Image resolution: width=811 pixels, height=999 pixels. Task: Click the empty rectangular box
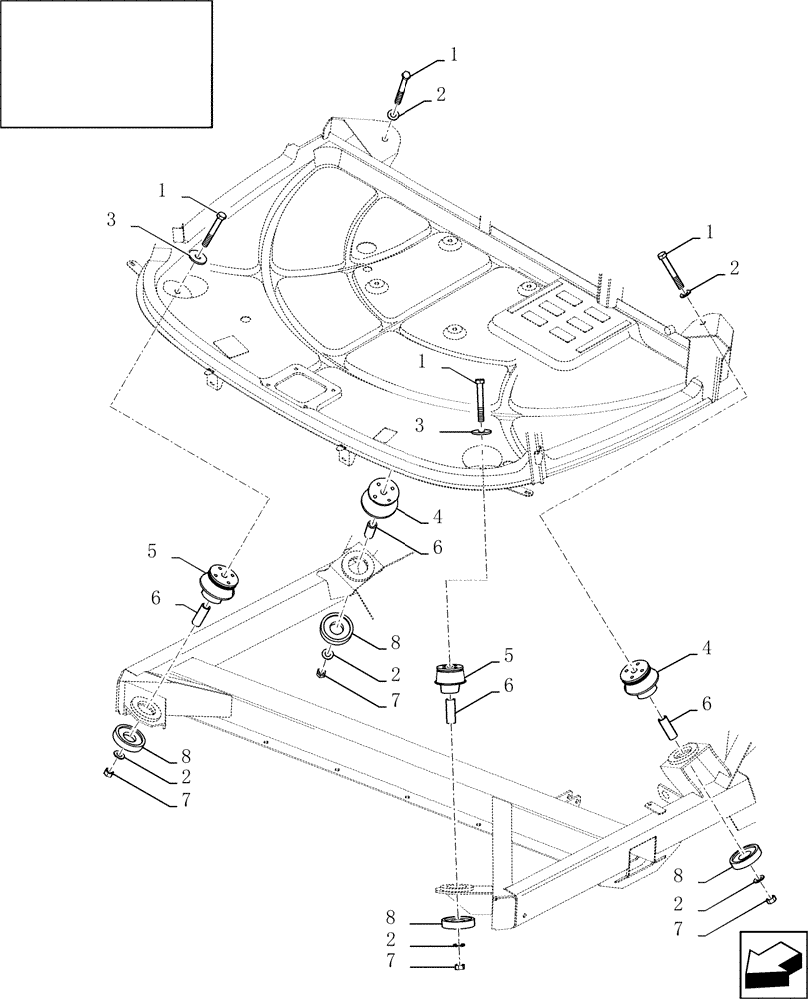pyautogui.click(x=106, y=64)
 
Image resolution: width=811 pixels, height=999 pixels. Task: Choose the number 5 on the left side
pyautogui.click(x=151, y=550)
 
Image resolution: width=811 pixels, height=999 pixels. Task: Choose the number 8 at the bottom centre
pyautogui.click(x=390, y=914)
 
